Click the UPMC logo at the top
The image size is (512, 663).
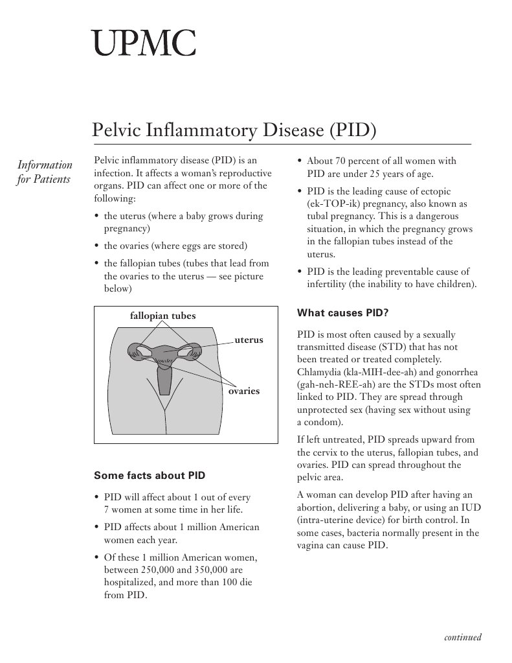coord(143,42)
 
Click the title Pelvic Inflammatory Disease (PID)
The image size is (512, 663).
coord(234,129)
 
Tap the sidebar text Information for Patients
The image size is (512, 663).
coord(44,172)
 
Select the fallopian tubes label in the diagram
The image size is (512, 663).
coord(162,316)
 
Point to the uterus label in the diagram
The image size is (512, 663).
coord(249,340)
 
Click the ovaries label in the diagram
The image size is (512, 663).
coord(244,391)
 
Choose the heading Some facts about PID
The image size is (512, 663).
coord(150,476)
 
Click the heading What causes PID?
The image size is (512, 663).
coord(342,313)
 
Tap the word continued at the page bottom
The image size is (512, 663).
coord(462,637)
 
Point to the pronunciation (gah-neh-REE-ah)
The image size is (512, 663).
coord(337,384)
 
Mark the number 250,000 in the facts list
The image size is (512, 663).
coord(161,570)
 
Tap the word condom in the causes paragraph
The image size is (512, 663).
coord(325,422)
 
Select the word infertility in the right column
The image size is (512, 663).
coord(327,284)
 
